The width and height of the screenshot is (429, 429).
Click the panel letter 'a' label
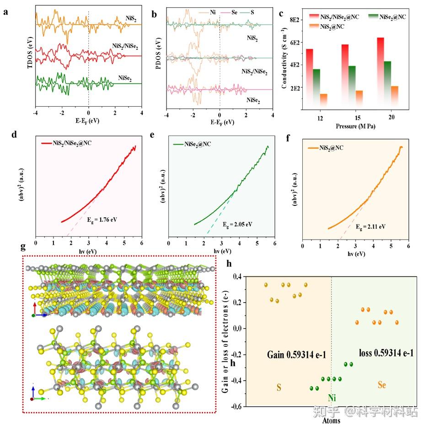tap(5, 12)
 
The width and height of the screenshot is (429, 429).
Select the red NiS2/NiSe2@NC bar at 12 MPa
tap(310, 73)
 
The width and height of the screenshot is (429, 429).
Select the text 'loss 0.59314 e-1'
tap(385, 353)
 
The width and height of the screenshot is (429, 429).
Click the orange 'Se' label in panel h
tap(381, 386)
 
